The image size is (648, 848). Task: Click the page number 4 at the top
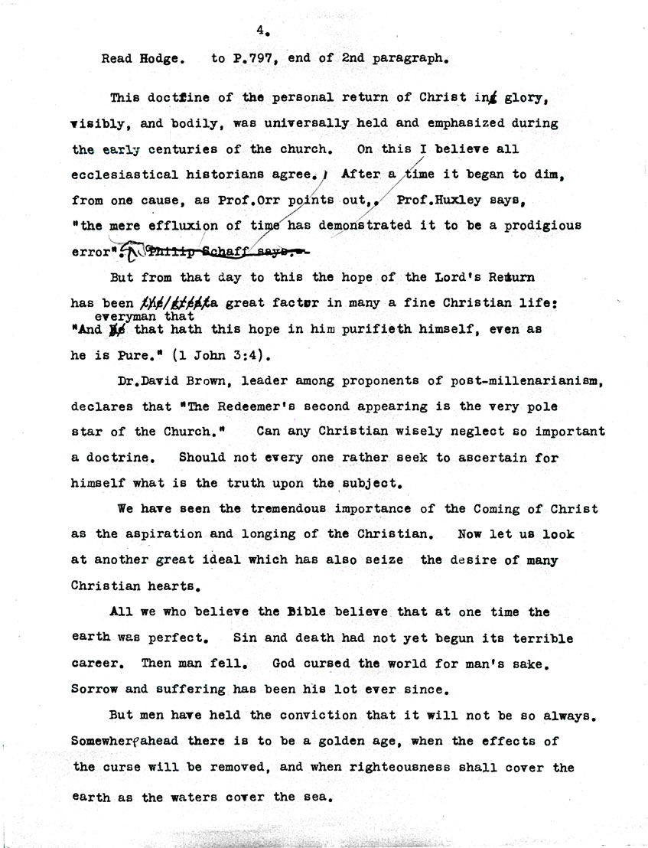pyautogui.click(x=261, y=31)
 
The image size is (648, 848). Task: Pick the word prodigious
pyautogui.click(x=539, y=226)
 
